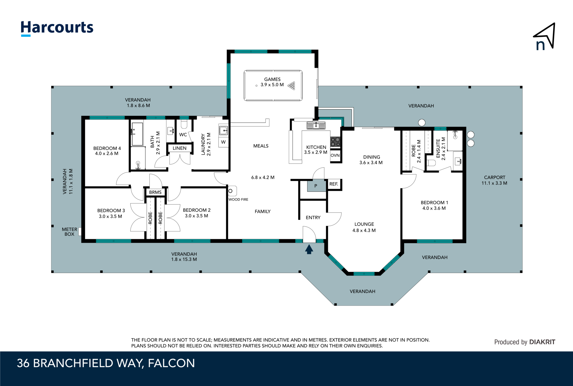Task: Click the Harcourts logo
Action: click(57, 28)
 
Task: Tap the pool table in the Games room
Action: click(273, 85)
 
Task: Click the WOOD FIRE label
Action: click(238, 199)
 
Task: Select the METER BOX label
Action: click(69, 232)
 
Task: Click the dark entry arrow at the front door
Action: click(309, 249)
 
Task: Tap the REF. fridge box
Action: click(334, 184)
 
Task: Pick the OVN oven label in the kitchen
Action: click(335, 155)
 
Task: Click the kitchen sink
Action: click(316, 126)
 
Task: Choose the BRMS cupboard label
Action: click(155, 192)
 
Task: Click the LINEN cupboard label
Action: click(179, 148)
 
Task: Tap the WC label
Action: click(183, 135)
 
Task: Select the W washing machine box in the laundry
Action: click(223, 142)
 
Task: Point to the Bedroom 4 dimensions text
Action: click(107, 154)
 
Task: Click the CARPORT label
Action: click(495, 177)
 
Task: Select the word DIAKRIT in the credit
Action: click(542, 342)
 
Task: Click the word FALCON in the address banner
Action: click(171, 363)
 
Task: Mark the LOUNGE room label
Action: click(364, 224)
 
